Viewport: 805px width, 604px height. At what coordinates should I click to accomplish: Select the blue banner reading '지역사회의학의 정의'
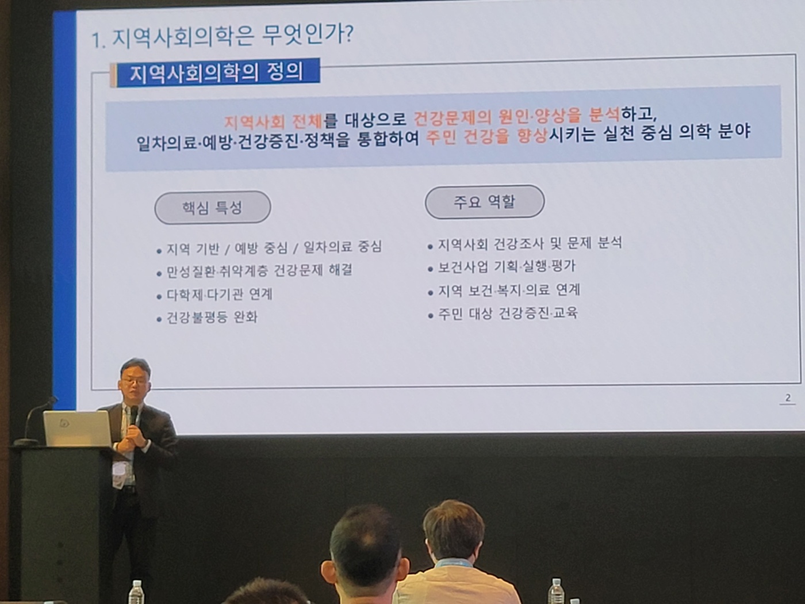coord(216,73)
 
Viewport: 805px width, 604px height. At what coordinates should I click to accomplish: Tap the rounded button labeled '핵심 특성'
coord(212,208)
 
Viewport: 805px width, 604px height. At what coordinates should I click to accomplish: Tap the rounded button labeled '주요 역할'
coord(484,202)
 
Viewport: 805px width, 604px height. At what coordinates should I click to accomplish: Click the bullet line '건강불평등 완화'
coord(212,318)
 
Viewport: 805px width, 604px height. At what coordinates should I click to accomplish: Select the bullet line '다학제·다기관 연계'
coord(219,295)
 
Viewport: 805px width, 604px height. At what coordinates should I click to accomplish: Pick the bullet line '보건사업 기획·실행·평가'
coord(507,267)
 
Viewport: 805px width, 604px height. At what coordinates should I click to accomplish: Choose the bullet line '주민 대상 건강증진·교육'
coord(508,314)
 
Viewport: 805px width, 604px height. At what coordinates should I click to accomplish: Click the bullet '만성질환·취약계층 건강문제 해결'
coord(259,270)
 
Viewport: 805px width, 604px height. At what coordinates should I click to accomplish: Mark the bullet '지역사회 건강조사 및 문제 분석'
coord(530,243)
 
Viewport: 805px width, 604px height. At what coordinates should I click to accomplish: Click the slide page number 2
coord(788,397)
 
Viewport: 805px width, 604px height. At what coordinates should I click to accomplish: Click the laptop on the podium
coord(78,429)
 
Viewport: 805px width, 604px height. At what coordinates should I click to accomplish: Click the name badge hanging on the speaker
coord(119,470)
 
